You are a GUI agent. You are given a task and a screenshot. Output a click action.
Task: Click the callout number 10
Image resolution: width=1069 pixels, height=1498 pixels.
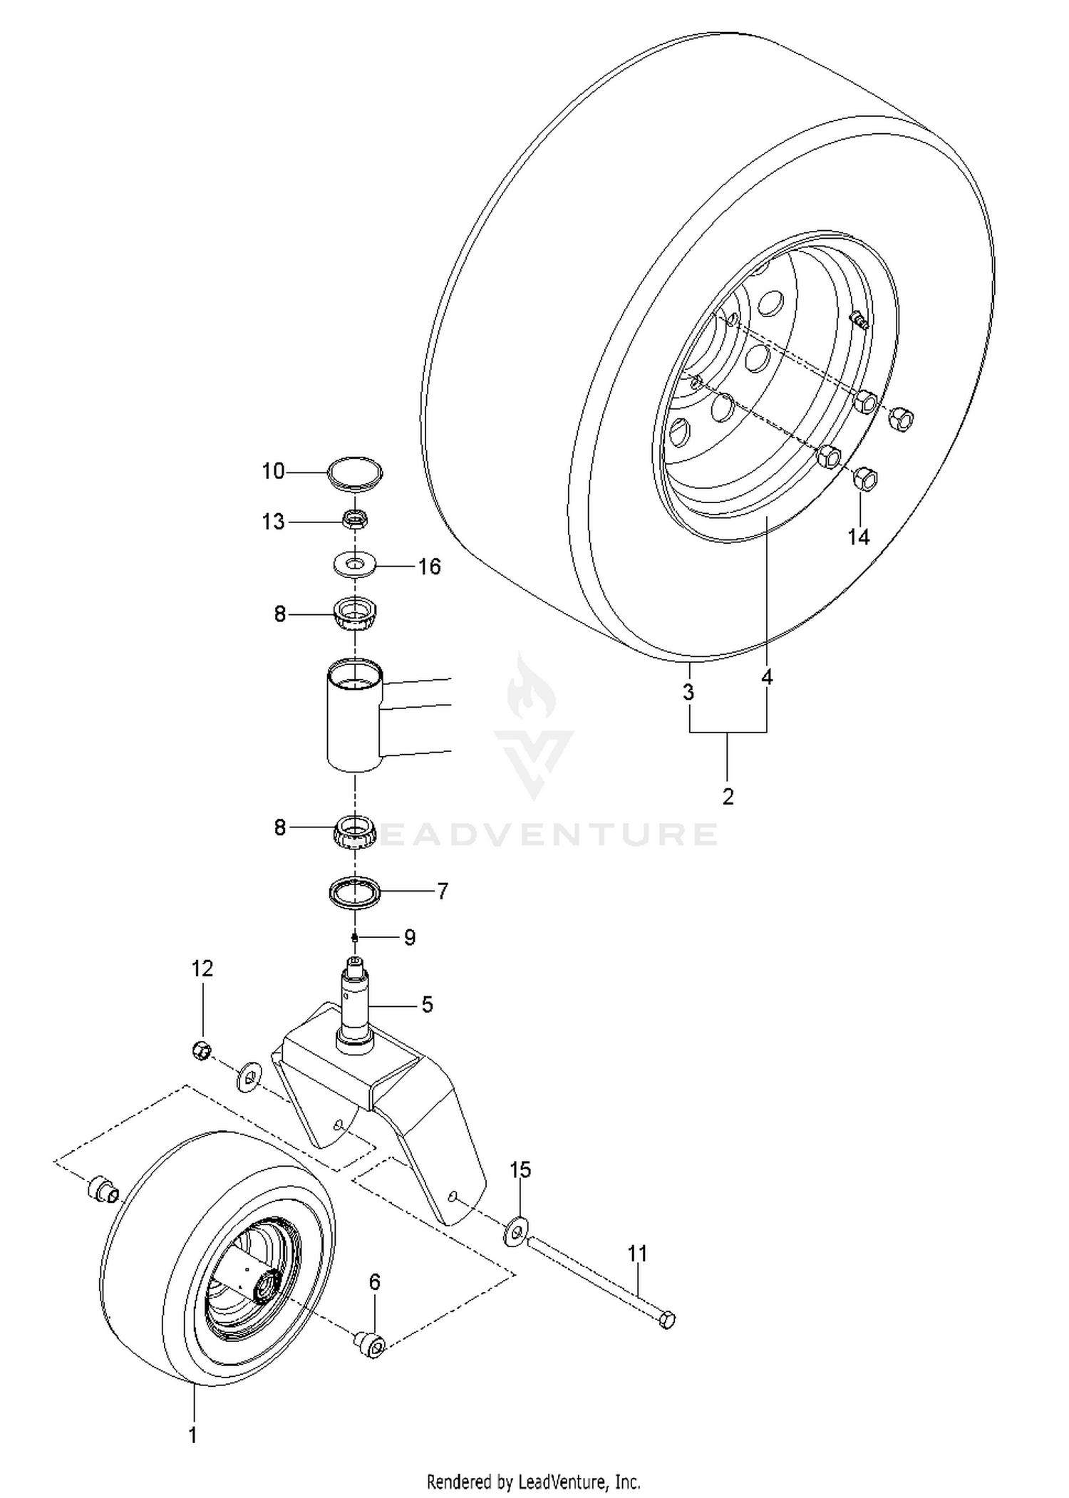[273, 471]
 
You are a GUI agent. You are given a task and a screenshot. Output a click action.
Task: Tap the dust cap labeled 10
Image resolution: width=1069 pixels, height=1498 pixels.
[354, 474]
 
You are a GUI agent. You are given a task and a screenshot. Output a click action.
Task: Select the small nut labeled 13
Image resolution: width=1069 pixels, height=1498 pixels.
[355, 520]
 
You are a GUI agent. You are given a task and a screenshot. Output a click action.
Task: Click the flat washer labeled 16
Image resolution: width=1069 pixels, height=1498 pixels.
[354, 565]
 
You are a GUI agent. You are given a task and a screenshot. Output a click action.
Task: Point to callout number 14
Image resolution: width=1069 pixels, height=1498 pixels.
[859, 537]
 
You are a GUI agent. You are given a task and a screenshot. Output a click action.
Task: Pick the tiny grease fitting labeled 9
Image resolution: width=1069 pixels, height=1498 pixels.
[354, 936]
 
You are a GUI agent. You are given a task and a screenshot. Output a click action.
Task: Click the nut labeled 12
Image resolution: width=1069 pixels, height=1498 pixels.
[202, 1050]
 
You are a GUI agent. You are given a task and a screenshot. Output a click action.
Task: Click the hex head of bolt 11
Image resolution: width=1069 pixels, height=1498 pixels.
[666, 1320]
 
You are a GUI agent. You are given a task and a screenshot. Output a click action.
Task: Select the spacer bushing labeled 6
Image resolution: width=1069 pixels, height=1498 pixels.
[368, 1345]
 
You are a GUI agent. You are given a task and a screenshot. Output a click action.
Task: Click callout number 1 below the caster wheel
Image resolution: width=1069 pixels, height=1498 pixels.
[192, 1435]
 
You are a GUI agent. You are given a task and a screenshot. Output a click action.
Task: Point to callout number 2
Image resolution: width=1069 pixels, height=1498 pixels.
[728, 796]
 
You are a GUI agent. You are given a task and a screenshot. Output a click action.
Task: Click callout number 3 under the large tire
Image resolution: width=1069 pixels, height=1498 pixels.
[688, 691]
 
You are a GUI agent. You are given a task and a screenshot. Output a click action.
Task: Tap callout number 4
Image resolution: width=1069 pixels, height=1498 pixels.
[767, 677]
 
